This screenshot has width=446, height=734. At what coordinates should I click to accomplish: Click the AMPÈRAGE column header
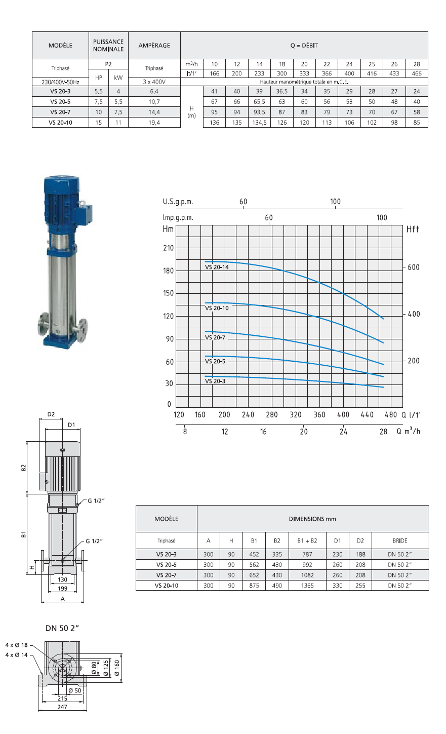pos(154,45)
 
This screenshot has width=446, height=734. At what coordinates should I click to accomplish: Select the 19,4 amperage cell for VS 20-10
pos(154,122)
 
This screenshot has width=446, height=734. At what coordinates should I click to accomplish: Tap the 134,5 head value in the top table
pos(259,122)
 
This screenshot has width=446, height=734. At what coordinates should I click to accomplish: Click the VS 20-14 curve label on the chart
pos(217,267)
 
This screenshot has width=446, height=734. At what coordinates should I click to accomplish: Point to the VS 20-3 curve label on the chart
pos(215,381)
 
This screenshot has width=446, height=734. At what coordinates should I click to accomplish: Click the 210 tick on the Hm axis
pos(168,248)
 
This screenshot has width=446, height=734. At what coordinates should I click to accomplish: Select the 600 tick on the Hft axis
pos(413,267)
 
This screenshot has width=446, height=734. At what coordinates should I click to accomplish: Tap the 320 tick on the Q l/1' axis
pos(295,415)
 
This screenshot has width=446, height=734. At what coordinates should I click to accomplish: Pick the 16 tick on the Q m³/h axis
pos(263,432)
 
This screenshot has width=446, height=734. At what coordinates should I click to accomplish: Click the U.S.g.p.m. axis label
pos(178,202)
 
